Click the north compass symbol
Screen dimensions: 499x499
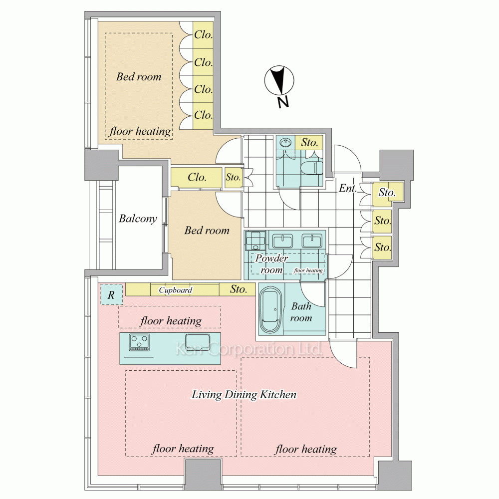coord(279,80)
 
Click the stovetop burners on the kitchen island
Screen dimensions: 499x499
coord(139,342)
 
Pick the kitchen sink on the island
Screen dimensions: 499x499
coord(198,342)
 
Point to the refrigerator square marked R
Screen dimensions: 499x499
coord(111,295)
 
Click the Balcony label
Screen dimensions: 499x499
coord(138,219)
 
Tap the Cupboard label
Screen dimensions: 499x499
coord(176,290)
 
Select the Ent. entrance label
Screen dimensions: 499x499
coord(347,188)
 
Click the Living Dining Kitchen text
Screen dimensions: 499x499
coord(244,395)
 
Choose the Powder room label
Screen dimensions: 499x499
coord(271,264)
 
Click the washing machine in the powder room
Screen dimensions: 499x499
coord(255,241)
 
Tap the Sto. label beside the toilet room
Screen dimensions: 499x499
coord(309,142)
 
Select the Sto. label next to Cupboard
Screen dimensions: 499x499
coord(239,289)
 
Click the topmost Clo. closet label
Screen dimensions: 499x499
coord(204,34)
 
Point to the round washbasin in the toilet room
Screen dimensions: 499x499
coord(286,142)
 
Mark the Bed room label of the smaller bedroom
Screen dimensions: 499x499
coord(207,230)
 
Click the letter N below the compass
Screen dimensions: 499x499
coord(282,102)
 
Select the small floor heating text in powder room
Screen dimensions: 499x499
coord(308,270)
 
